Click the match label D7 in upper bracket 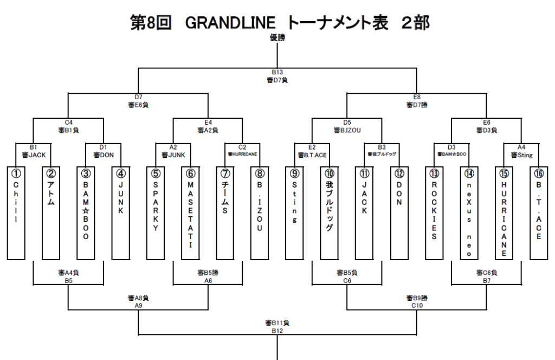(139, 97)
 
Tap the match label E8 (416, 97)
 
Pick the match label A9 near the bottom (139, 305)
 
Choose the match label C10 (416, 305)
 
